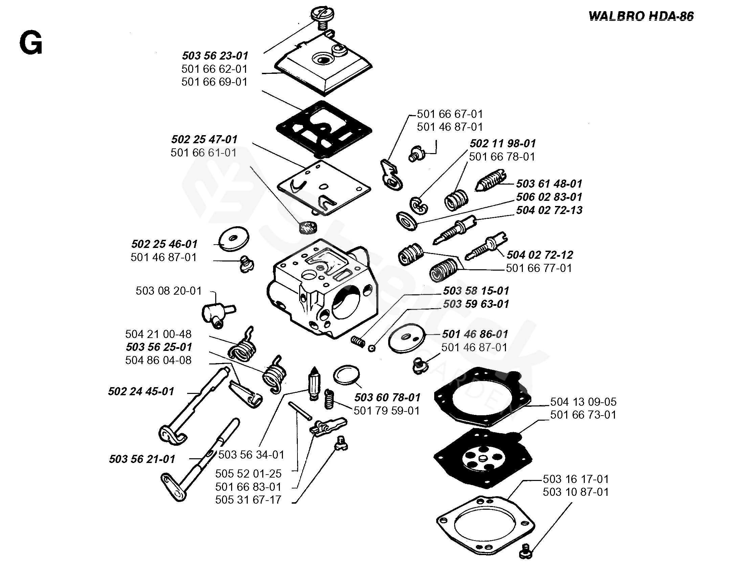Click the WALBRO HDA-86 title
(641, 16)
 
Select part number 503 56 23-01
(215, 56)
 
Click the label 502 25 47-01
(204, 139)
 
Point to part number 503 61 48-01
(549, 184)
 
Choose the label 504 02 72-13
(549, 210)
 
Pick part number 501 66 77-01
(539, 268)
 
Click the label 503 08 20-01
(169, 291)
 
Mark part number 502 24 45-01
(141, 391)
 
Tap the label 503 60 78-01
(387, 397)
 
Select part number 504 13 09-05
(583, 402)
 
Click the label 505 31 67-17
(248, 500)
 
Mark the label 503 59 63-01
(476, 304)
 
